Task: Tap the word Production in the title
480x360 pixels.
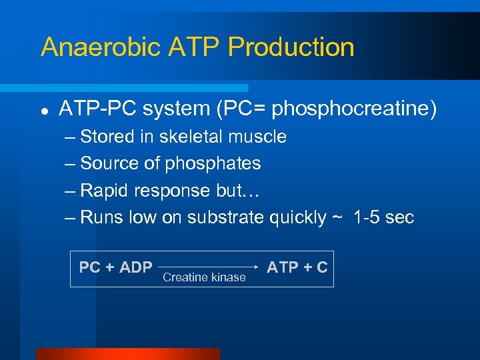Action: point(291,47)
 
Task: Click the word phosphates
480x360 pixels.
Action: point(213,163)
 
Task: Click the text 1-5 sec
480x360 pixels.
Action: point(384,217)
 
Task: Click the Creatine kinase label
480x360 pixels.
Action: point(204,277)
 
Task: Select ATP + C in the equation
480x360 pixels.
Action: point(297,267)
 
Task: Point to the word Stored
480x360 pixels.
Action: point(107,137)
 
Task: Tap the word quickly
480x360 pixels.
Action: point(298,217)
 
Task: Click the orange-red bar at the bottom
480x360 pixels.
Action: point(127,354)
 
